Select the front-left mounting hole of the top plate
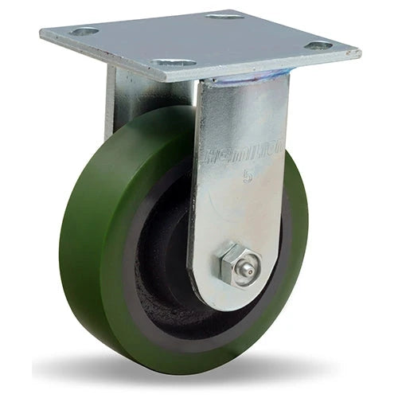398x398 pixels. [x=174, y=63]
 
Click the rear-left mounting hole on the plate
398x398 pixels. [x=84, y=32]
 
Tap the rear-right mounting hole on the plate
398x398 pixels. [x=224, y=15]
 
